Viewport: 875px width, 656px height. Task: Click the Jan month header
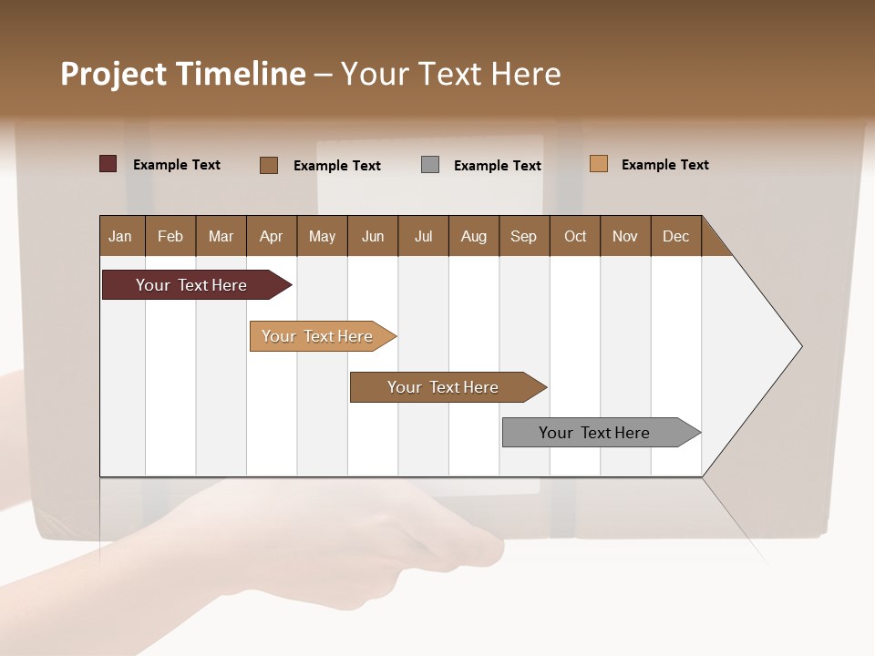coord(121,236)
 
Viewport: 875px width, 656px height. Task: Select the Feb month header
coord(170,236)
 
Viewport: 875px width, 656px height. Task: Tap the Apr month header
coord(272,236)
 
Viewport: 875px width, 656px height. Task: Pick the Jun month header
coord(373,236)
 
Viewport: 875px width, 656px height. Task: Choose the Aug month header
coord(474,236)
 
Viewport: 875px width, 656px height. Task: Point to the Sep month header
coord(524,236)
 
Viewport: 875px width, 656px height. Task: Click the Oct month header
coord(575,236)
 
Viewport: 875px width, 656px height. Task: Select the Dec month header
coord(676,236)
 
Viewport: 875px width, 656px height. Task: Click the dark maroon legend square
coord(108,164)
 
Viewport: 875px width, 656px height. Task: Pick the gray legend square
coord(430,165)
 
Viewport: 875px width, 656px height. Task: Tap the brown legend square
coord(269,165)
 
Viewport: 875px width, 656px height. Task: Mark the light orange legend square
coord(599,164)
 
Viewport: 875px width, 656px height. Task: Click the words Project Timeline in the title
coord(182,74)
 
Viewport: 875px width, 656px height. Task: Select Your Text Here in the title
coord(450,74)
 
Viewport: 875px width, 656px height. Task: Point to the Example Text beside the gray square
coord(498,166)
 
